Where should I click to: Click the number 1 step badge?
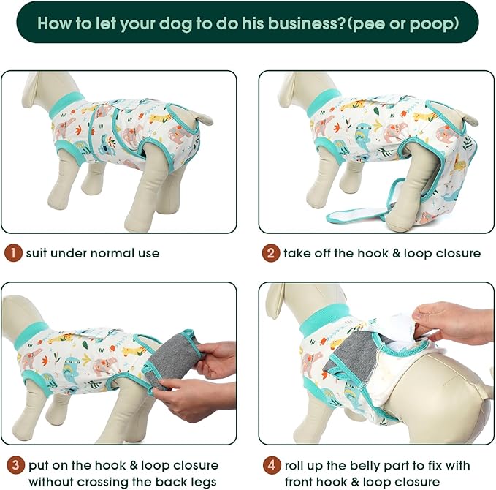point(13,254)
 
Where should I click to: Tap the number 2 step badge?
point(271,254)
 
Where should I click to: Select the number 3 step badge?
point(13,465)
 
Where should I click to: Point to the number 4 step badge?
point(271,465)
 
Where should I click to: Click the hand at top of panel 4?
point(453,322)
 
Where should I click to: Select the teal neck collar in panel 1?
point(66,104)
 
